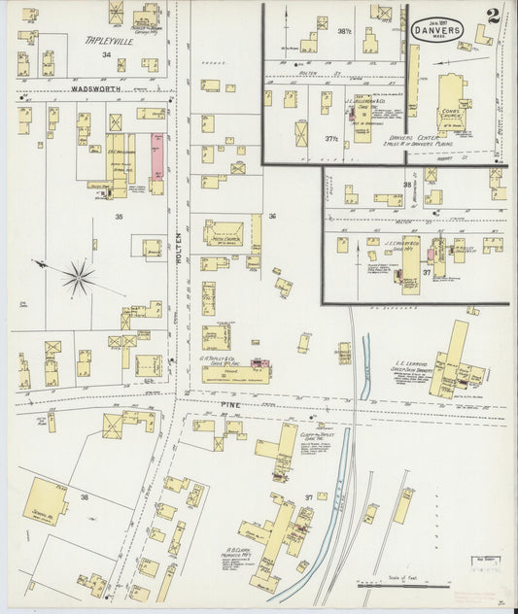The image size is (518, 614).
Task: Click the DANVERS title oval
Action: [442, 30]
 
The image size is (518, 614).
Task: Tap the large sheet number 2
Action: [495, 17]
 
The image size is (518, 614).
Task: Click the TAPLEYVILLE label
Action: [105, 40]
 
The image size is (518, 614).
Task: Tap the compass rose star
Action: [78, 278]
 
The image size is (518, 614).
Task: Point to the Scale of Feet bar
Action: [403, 585]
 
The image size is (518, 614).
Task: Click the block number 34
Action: [106, 55]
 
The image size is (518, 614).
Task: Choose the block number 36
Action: [272, 216]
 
